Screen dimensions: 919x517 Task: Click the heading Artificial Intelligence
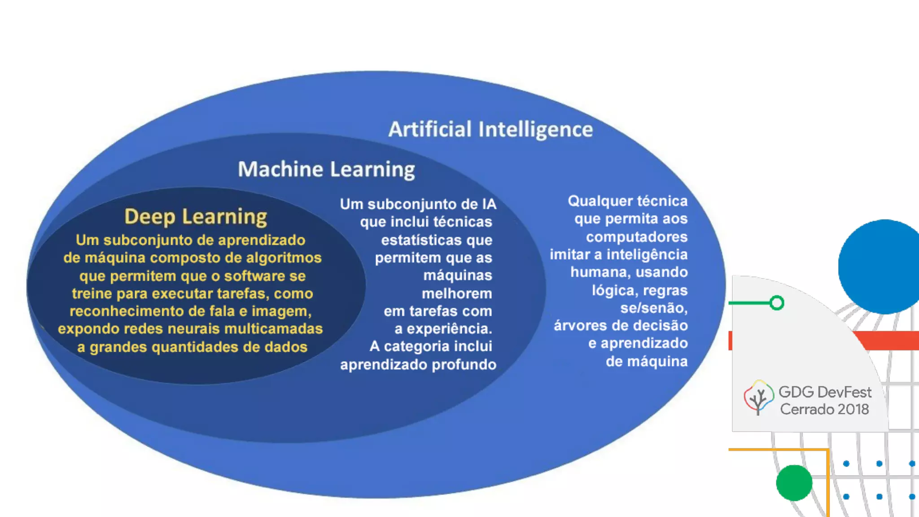tap(490, 129)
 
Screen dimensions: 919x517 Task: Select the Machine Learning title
tap(326, 170)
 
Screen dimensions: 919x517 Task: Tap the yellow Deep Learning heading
tap(196, 216)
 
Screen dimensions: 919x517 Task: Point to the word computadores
tap(636, 237)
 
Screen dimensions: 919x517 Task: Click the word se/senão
tap(653, 308)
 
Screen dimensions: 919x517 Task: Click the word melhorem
tap(457, 294)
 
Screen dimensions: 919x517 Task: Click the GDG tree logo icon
tap(758, 398)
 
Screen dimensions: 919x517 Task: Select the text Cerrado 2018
tap(824, 409)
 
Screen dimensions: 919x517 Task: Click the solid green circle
tap(794, 483)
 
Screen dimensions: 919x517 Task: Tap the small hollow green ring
tap(777, 303)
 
